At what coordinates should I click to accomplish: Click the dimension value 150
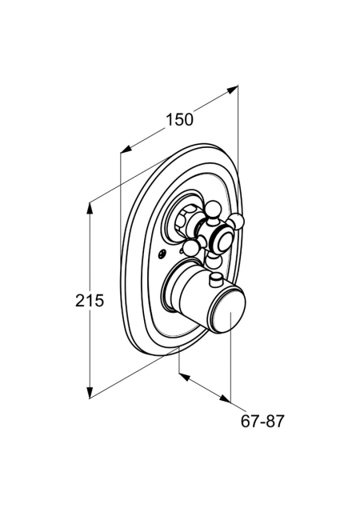180,119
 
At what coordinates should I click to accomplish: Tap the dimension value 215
89,301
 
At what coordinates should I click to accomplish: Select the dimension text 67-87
262,422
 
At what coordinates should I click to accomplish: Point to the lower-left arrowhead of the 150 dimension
126,149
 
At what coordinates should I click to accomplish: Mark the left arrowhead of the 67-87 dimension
184,377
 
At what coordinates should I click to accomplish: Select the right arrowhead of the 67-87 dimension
226,398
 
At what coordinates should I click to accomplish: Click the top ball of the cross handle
214,210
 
